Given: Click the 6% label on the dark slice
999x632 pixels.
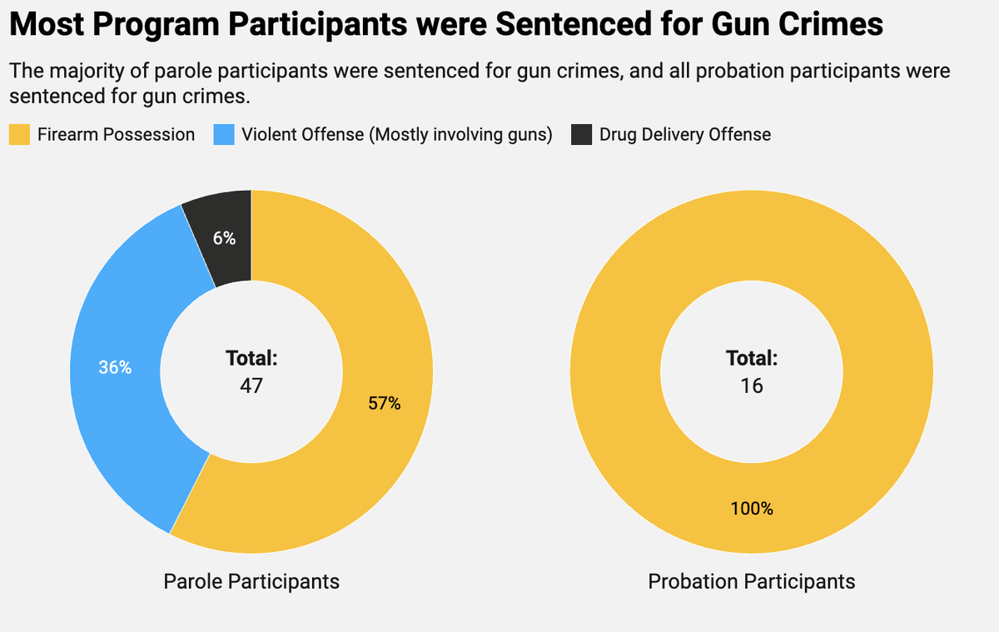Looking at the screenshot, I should [224, 238].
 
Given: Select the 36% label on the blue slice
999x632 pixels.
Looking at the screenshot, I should [115, 367].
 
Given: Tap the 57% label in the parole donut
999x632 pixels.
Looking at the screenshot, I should [384, 404].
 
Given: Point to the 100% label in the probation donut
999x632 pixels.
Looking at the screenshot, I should [752, 509].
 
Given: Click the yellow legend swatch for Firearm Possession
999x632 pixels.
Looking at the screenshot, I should [19, 135].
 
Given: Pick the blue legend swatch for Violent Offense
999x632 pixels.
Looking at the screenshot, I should [224, 135].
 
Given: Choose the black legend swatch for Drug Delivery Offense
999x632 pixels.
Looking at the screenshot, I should [582, 135].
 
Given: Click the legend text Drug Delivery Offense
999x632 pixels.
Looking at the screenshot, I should [685, 135].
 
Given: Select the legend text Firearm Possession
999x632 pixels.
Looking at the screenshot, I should [117, 135].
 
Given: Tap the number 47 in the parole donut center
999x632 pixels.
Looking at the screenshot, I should [251, 386].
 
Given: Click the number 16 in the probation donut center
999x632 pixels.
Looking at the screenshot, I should [752, 386].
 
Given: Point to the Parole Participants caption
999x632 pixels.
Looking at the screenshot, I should [251, 581].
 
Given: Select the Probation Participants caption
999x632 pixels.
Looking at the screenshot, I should [752, 581].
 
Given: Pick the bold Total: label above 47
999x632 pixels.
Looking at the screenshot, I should [251, 359].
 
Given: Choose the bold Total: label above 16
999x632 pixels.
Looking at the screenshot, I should [752, 359].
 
